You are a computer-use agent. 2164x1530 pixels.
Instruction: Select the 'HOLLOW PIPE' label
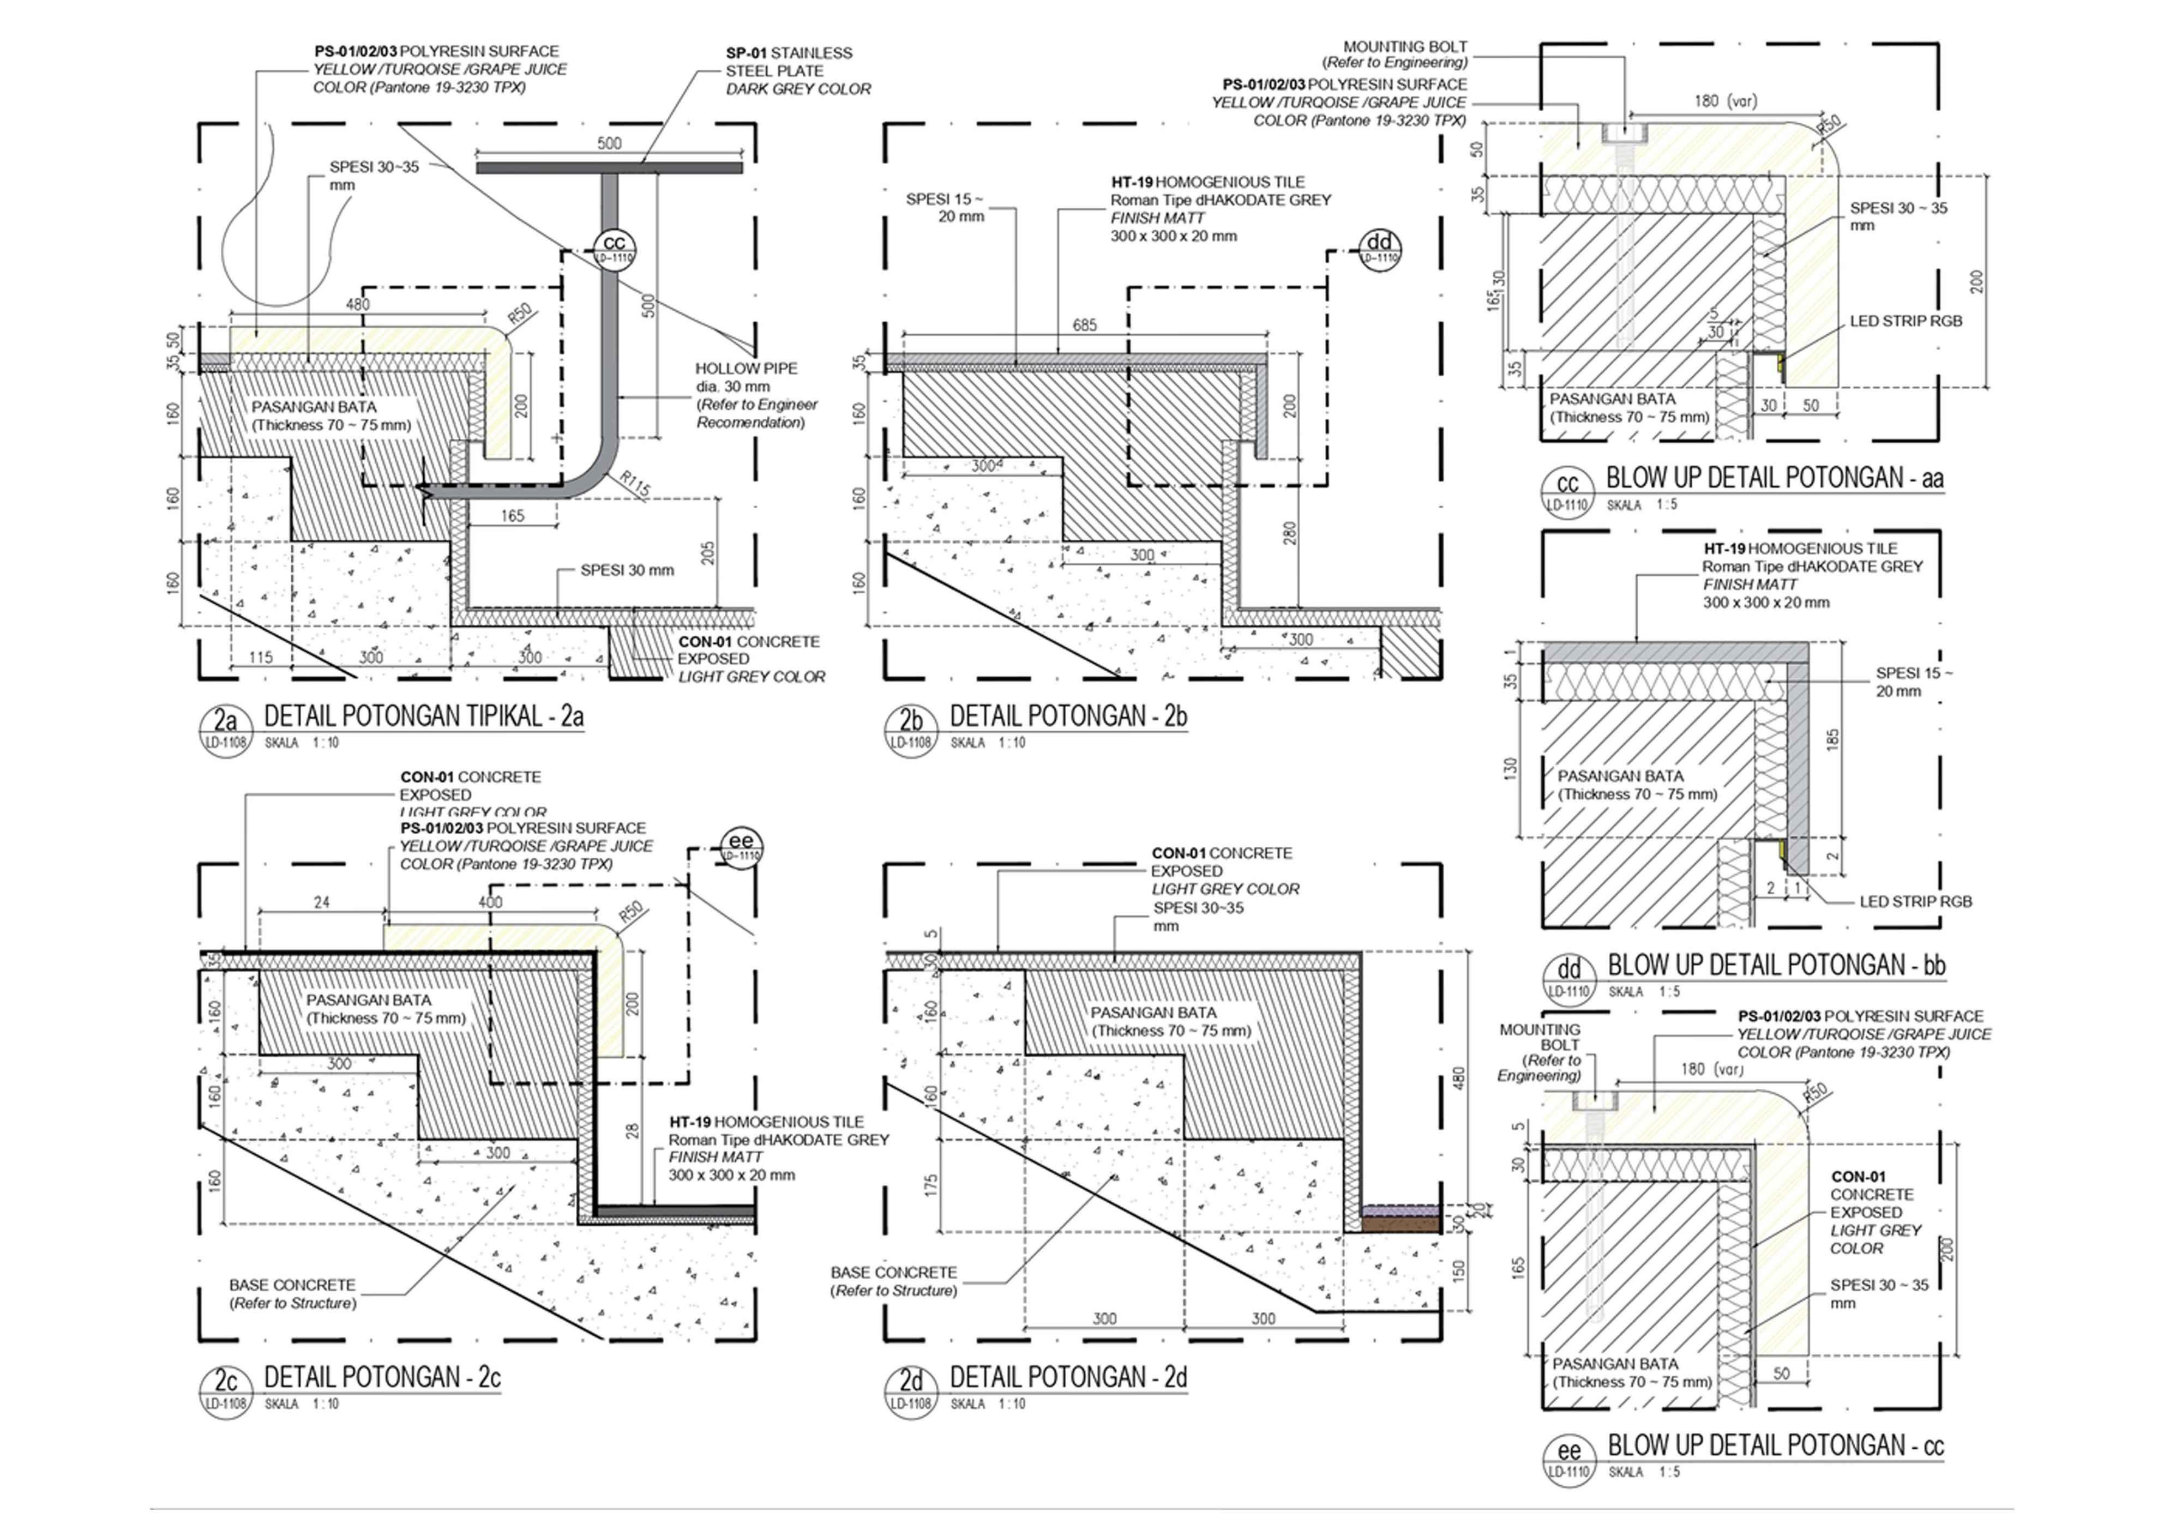click(x=746, y=369)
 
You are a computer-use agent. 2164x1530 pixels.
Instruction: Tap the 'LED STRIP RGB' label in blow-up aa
click(x=1905, y=321)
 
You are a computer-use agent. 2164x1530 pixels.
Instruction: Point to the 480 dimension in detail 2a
click(x=358, y=304)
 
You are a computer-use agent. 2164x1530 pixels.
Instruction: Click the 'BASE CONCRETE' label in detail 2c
click(x=292, y=1285)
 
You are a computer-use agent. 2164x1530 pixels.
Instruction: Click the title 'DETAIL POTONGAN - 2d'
click(x=1068, y=1377)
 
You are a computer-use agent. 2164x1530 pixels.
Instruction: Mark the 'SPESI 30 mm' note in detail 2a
click(x=627, y=570)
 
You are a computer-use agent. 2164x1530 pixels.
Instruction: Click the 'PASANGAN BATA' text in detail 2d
click(x=1153, y=1013)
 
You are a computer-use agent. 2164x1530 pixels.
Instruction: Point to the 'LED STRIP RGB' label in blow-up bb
click(x=1915, y=902)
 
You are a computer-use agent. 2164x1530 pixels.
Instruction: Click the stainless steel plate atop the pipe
click(x=609, y=168)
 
